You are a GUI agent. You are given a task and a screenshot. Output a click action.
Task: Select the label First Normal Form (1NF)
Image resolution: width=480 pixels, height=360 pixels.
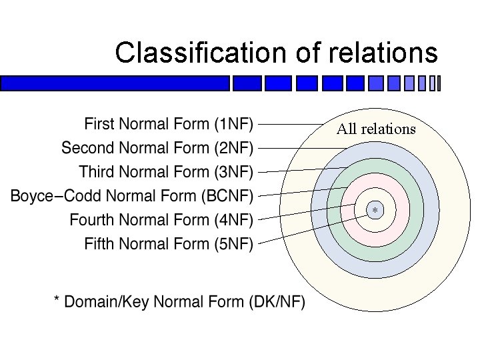[x=169, y=124]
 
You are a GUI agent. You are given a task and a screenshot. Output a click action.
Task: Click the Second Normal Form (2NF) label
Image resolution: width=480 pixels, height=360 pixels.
[x=157, y=148]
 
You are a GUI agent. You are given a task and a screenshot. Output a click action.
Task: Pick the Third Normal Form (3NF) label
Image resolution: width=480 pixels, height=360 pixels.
[x=166, y=172]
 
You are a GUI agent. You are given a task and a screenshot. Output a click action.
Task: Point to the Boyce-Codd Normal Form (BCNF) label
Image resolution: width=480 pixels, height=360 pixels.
[x=132, y=196]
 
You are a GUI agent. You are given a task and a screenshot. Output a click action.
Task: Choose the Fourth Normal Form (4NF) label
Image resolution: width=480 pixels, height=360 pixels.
[x=161, y=219]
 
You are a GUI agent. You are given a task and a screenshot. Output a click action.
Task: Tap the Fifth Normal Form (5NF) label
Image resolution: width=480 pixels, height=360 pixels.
[x=169, y=243]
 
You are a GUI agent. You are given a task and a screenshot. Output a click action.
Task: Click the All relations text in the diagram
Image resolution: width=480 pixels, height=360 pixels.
[x=376, y=129]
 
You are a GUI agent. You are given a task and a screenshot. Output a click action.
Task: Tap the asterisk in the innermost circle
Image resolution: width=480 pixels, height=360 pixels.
[x=375, y=211]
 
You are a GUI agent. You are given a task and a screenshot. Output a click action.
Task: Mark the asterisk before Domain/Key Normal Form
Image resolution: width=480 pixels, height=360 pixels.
[x=57, y=302]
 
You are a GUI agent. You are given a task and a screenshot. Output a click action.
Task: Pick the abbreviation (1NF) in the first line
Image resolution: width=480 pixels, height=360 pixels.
[x=233, y=124]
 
